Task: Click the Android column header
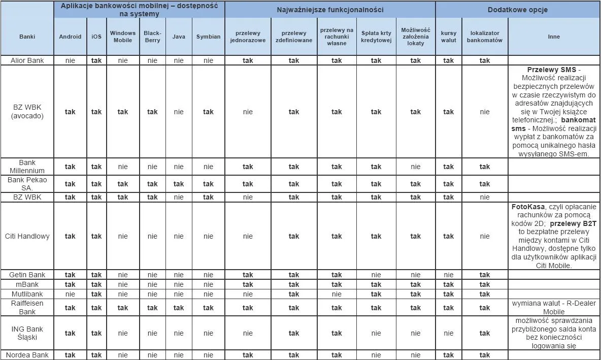tap(70, 37)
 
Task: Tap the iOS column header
tap(96, 37)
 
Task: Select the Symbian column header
tap(208, 37)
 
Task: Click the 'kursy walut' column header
tap(449, 37)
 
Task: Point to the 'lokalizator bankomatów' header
tap(484, 37)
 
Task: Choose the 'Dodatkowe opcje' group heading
tap(517, 10)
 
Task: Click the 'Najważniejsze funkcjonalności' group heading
tap(330, 10)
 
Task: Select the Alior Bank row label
tap(27, 60)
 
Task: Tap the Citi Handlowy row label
tap(27, 236)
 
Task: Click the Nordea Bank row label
tap(27, 355)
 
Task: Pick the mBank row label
tap(27, 284)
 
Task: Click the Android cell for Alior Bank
tap(70, 60)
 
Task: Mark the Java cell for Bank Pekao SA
tap(179, 184)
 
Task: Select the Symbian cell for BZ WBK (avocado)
tap(208, 112)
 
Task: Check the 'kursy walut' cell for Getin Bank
tap(449, 275)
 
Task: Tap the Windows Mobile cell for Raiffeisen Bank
tap(123, 308)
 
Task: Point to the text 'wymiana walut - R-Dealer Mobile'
tap(554, 307)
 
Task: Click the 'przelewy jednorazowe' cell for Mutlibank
tap(248, 294)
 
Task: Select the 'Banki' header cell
tap(27, 37)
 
